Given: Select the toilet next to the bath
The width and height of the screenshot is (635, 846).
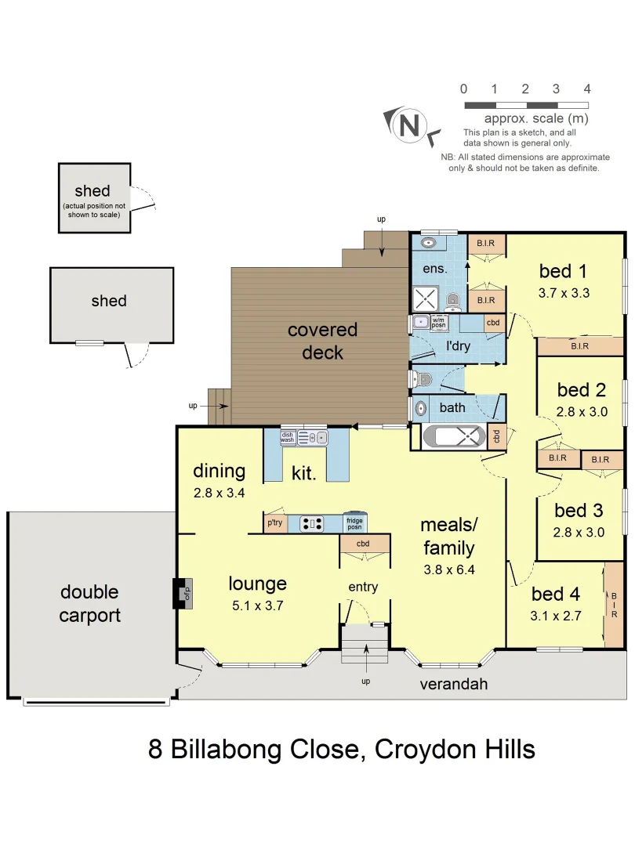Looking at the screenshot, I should [422, 380].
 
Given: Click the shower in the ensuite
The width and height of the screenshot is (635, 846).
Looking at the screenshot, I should [426, 299].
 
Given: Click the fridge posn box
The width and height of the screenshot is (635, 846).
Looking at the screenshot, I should [355, 522].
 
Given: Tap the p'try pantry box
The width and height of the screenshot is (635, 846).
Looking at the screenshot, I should [274, 522].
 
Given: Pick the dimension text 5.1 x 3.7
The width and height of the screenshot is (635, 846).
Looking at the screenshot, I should [257, 605].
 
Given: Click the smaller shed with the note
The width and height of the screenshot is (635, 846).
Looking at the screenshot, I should [93, 197].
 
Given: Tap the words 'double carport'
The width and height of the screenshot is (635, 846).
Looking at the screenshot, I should [90, 604].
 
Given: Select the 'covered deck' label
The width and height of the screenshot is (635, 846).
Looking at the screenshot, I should [322, 342].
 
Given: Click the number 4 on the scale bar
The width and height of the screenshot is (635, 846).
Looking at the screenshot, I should [586, 89].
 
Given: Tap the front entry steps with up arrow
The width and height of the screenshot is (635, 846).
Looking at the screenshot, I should [365, 644].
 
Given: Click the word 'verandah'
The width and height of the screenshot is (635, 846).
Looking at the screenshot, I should [454, 684].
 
